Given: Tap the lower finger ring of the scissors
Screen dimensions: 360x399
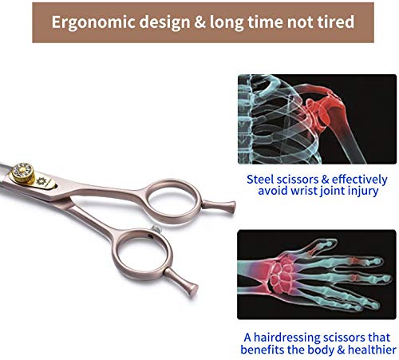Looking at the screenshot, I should [124, 261].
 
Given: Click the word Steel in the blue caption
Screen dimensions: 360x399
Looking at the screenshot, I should [263, 180].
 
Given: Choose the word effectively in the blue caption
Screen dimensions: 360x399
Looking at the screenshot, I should [354, 180].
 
